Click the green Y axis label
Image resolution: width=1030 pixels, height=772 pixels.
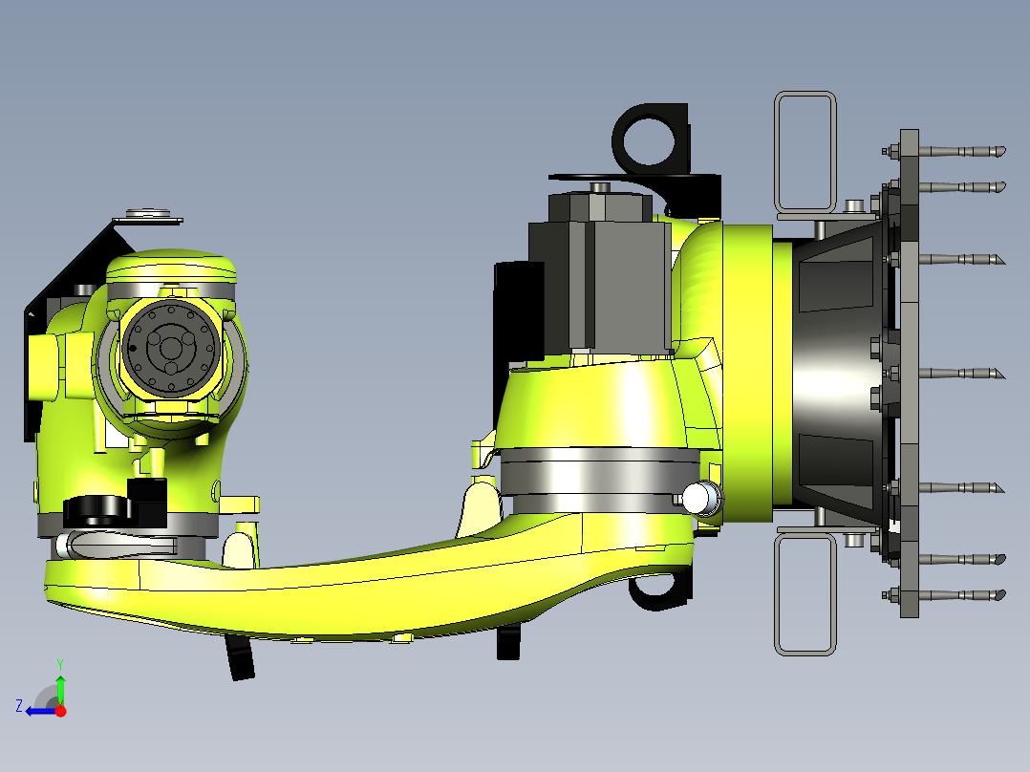point(60,664)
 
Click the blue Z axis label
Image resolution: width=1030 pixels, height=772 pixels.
point(19,706)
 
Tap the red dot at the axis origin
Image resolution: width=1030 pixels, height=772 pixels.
point(60,711)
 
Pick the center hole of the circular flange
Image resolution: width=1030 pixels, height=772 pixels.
point(170,348)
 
